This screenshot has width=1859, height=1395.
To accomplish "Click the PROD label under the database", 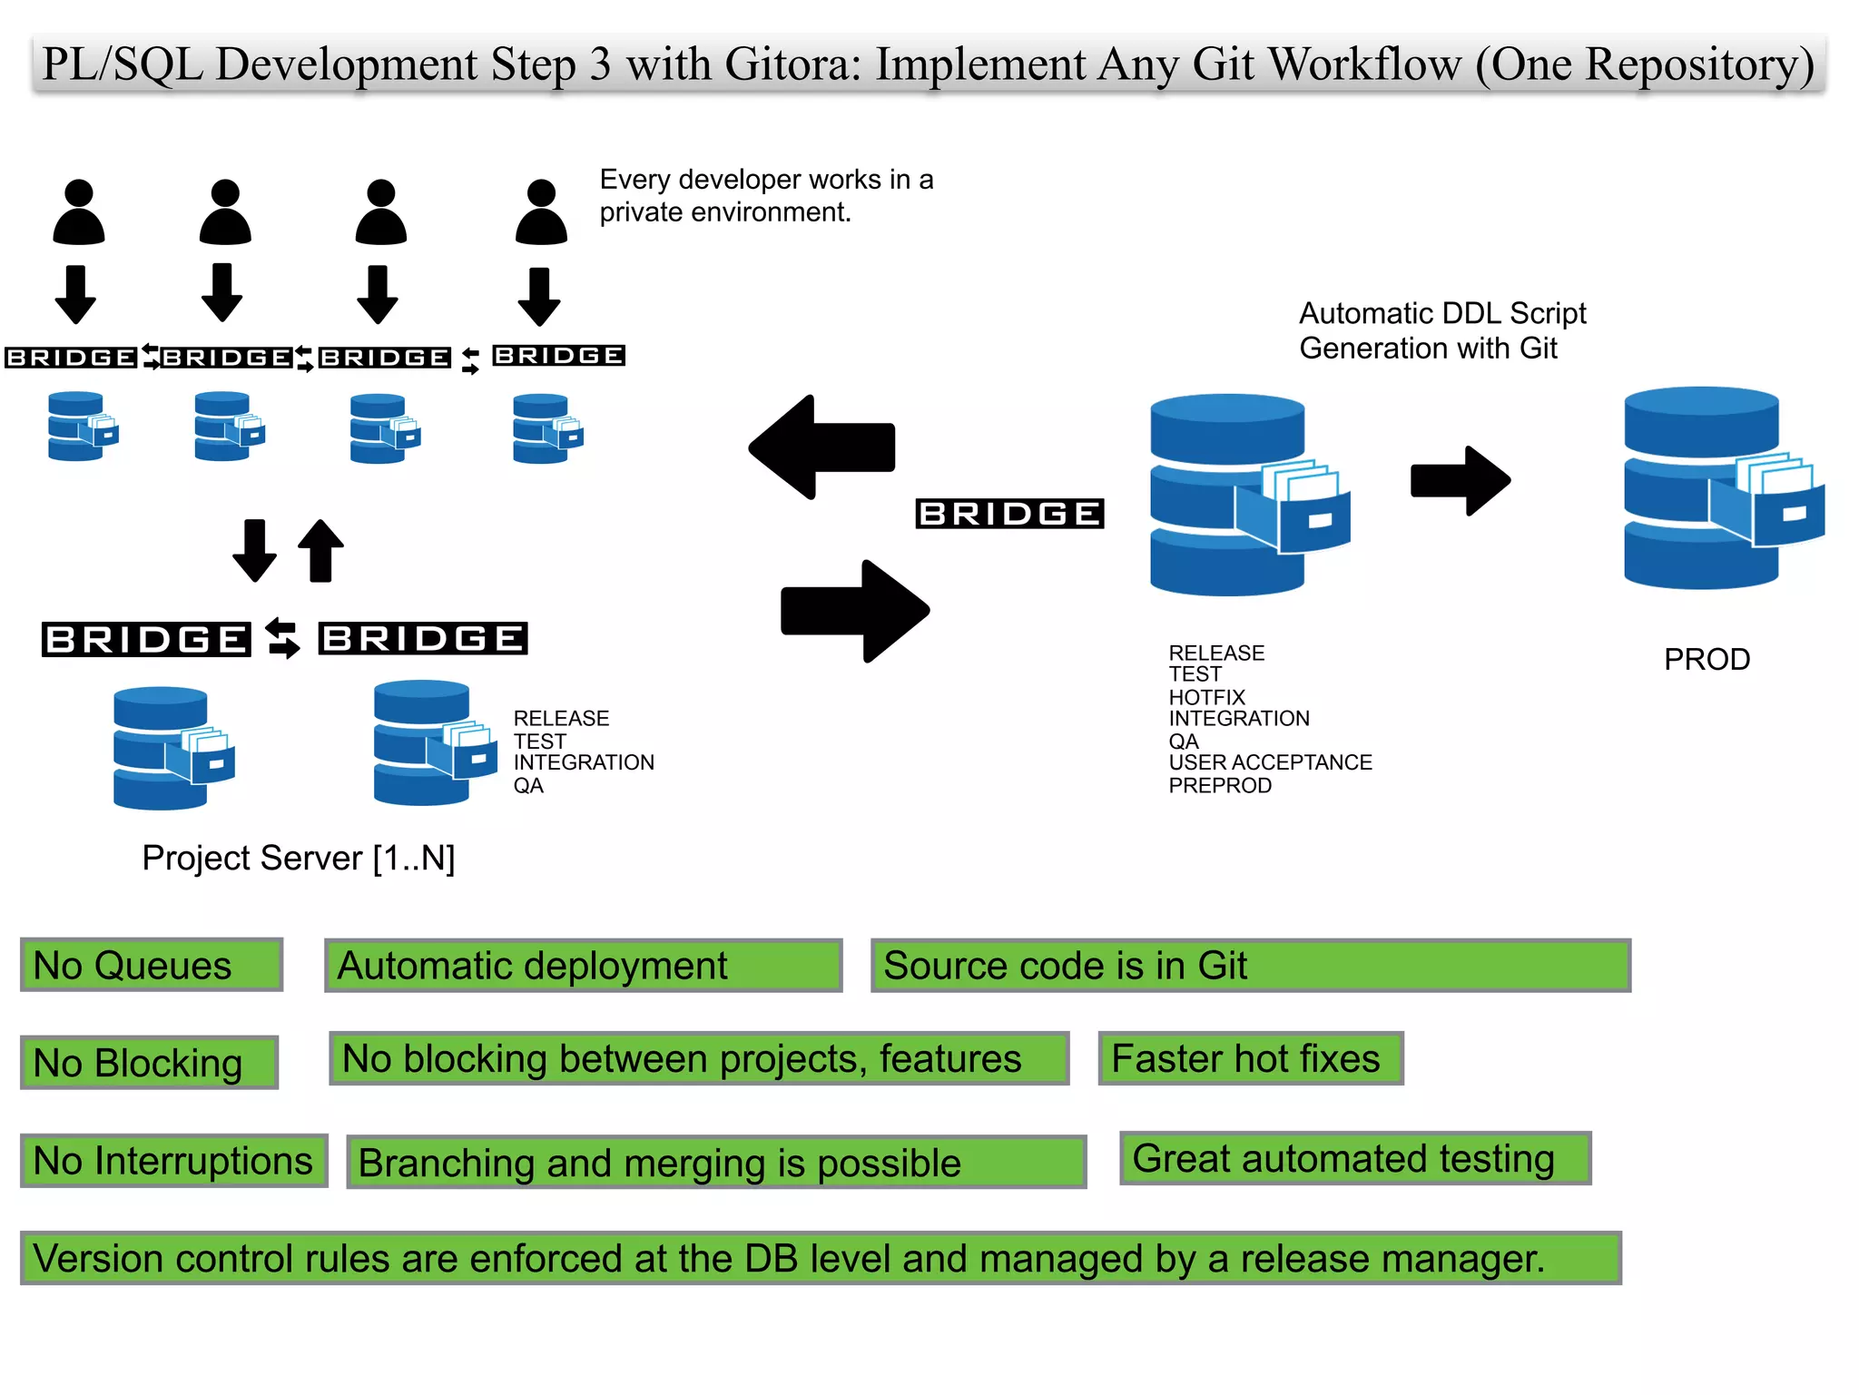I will (x=1706, y=659).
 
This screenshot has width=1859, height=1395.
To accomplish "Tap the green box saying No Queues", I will (x=151, y=965).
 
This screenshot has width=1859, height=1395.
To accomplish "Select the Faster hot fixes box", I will (x=1250, y=1058).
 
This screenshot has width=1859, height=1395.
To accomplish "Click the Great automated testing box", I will (x=1354, y=1158).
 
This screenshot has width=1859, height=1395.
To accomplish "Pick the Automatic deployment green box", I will (x=583, y=966).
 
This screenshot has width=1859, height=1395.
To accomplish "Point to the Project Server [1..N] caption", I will (x=298, y=858).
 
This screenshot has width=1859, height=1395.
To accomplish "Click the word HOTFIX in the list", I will (x=1206, y=697).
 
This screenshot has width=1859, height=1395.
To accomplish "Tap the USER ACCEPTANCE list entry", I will (x=1270, y=762).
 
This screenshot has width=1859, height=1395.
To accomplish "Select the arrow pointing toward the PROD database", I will (x=1460, y=481).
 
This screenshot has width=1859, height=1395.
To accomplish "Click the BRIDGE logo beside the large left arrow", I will (x=1009, y=514).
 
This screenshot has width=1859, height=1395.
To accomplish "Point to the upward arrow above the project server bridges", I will (x=320, y=550).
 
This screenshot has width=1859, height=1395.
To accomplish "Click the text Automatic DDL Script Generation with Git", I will (x=1441, y=330).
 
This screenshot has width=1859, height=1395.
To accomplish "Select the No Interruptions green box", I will (x=173, y=1161).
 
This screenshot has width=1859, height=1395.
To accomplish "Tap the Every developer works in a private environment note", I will (x=765, y=195).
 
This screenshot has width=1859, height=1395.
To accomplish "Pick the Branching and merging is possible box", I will (x=715, y=1163).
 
